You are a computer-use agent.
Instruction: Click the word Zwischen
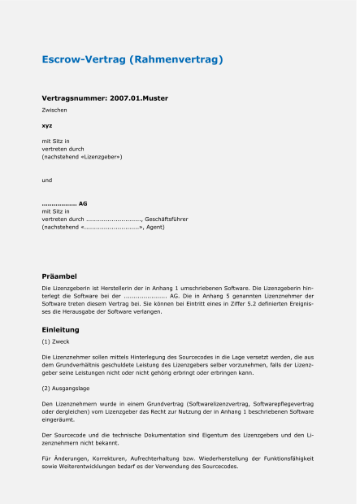tap(54, 109)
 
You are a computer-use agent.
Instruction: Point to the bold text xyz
tap(47, 125)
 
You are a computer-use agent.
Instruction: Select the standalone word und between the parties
tap(47, 180)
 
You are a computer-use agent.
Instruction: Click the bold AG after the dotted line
tap(83, 203)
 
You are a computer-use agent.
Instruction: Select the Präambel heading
tap(59, 276)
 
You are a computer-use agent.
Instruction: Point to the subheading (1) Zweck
tap(58, 343)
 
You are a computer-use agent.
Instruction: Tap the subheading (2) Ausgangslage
tap(67, 389)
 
